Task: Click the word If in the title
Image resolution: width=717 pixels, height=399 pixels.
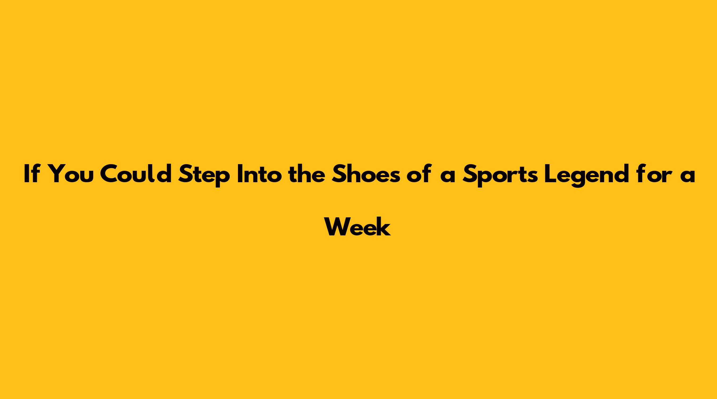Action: (31, 174)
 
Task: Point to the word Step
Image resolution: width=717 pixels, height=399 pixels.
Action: (204, 176)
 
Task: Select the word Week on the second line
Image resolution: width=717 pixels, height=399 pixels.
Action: (358, 226)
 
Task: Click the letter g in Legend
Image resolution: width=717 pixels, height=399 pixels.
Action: (578, 179)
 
